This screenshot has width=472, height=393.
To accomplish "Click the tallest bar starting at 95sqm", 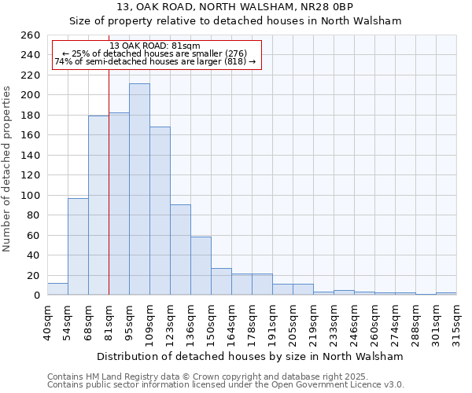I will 139,189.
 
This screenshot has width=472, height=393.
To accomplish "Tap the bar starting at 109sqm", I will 160,211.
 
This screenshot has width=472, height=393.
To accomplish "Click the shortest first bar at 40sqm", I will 57,289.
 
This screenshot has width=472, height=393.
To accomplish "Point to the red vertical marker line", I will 109,196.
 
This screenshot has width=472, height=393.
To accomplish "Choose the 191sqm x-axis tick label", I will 273,320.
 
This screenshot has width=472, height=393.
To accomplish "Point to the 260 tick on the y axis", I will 31,35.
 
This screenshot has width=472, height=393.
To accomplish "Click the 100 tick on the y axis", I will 31,195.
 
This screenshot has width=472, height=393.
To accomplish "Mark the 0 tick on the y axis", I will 37,295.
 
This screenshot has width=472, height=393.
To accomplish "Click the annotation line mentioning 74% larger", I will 155,61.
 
